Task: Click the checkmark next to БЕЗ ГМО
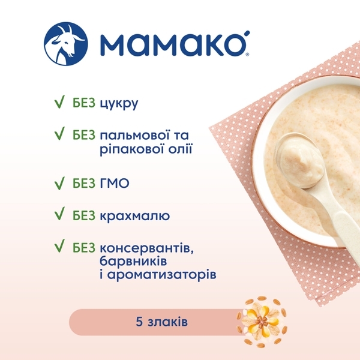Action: (x=59, y=181)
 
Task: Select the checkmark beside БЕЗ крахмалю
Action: (x=59, y=214)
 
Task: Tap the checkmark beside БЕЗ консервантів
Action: (x=59, y=247)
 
